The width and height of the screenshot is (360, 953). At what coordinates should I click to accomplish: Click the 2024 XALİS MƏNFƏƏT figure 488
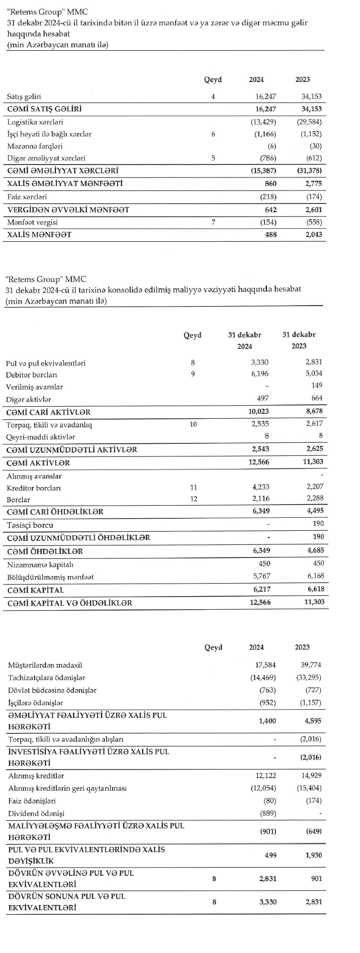click(271, 234)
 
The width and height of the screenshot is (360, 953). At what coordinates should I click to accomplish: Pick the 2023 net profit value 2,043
click(312, 234)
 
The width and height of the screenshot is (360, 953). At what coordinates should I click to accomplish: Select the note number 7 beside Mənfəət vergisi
click(213, 222)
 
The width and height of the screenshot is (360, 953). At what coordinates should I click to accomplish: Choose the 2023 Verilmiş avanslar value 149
click(316, 386)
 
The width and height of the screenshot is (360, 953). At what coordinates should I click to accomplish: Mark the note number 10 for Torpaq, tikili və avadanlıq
click(193, 424)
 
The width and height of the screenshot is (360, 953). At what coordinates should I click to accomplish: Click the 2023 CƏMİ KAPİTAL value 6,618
click(314, 589)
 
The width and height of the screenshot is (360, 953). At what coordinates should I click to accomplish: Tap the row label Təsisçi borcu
click(30, 525)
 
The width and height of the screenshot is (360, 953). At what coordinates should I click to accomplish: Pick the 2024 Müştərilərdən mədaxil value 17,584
click(265, 664)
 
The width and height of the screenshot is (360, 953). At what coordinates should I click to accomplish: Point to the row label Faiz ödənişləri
click(32, 801)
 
